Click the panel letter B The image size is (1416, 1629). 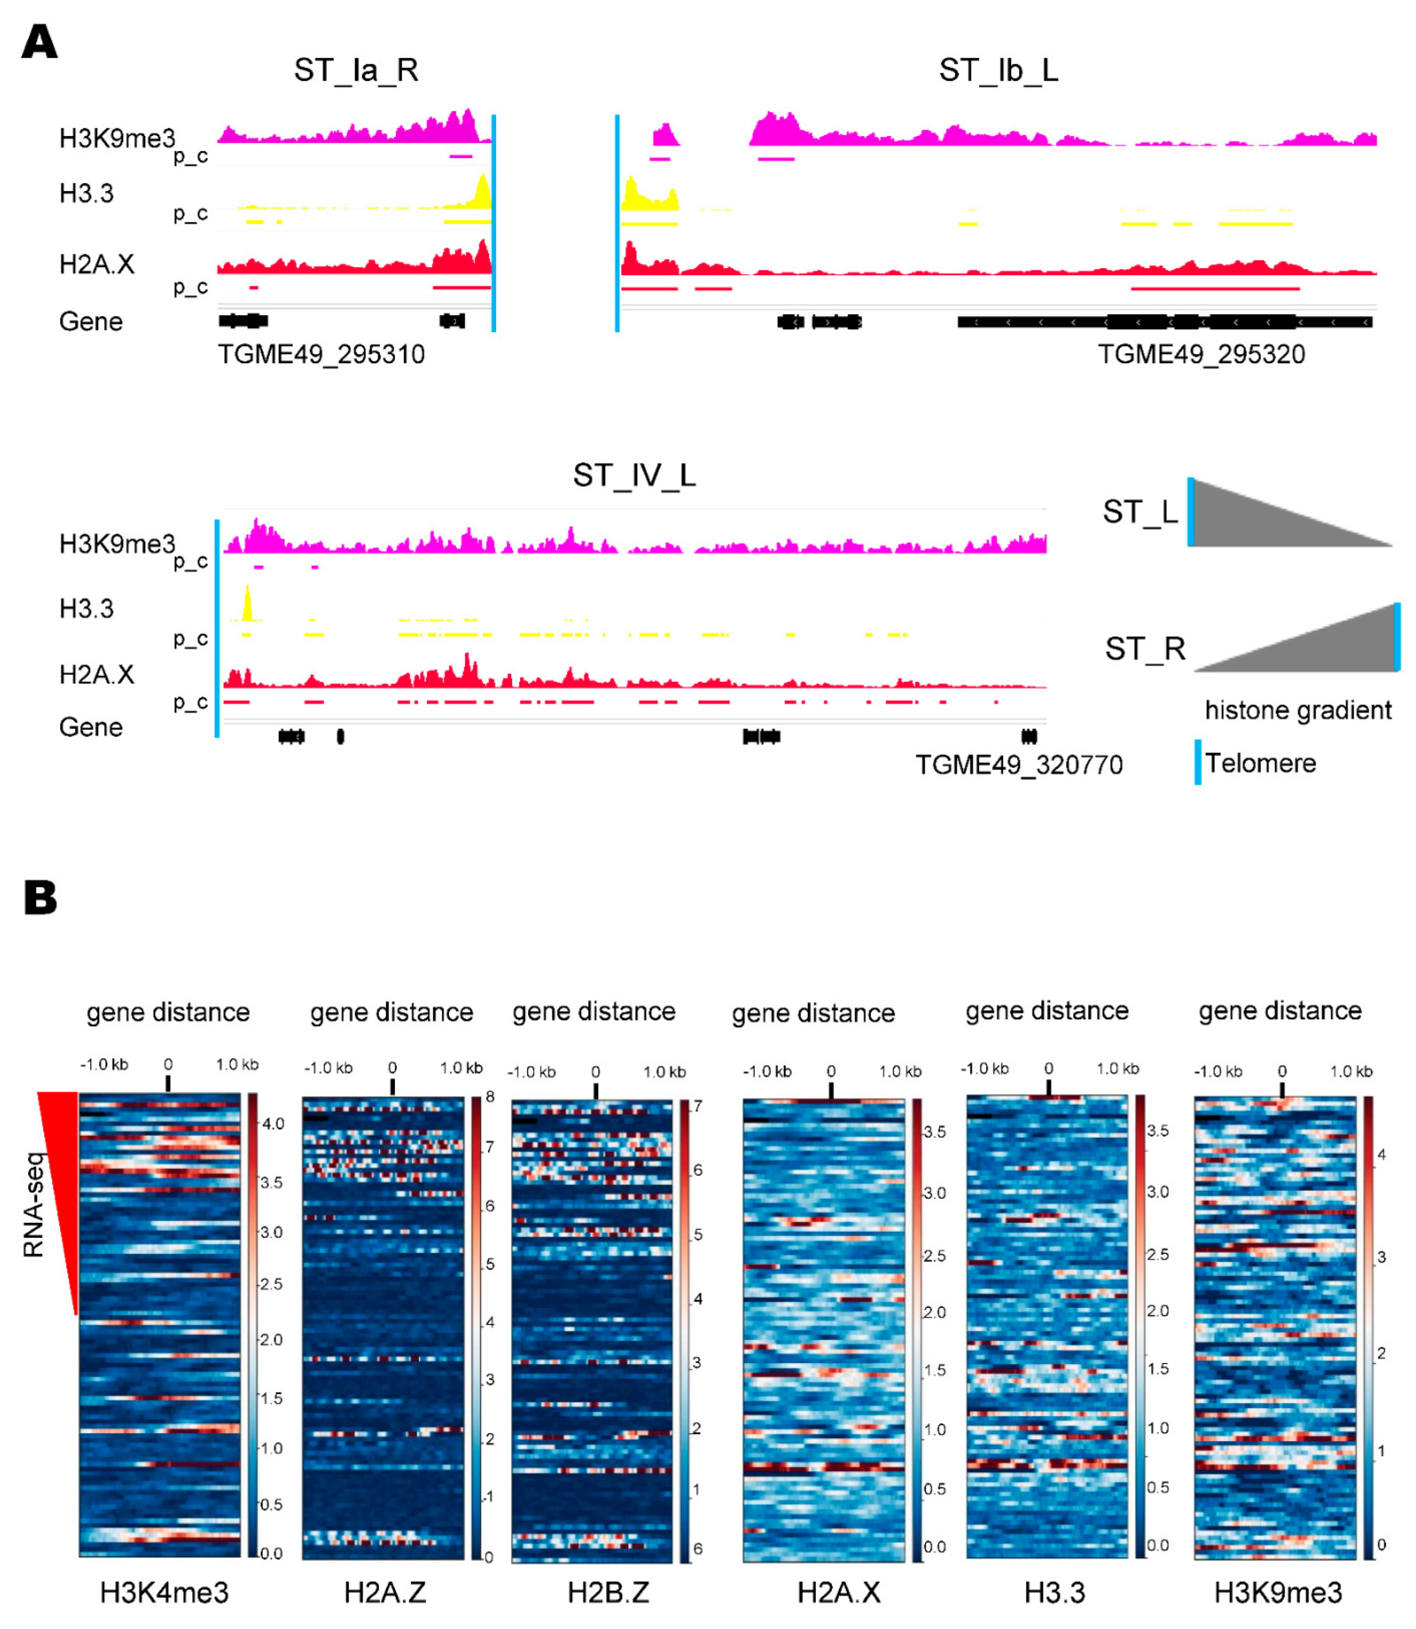tap(40, 899)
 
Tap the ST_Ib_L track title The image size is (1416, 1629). tap(998, 70)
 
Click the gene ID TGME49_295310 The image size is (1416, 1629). tap(321, 354)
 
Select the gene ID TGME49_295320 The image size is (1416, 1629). tap(1201, 354)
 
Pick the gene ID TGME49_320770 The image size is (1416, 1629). tap(1019, 765)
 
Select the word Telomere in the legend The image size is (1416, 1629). tap(1260, 764)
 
